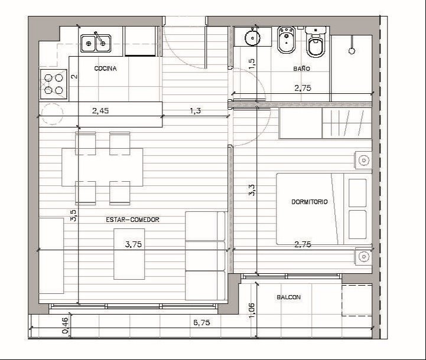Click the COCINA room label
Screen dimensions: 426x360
pyautogui.click(x=105, y=68)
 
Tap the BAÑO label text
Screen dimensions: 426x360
pyautogui.click(x=301, y=68)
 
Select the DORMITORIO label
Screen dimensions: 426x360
pyautogui.click(x=309, y=202)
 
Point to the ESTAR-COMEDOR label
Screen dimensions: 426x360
pyautogui.click(x=132, y=220)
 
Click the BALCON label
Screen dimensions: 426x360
pyautogui.click(x=288, y=297)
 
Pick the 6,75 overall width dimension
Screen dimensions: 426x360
pyautogui.click(x=201, y=323)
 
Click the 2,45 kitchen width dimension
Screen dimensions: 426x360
pyautogui.click(x=100, y=111)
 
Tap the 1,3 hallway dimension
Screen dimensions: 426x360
pyautogui.click(x=196, y=111)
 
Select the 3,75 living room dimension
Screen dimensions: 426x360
pyautogui.click(x=134, y=244)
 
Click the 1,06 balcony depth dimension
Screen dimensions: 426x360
pyautogui.click(x=252, y=310)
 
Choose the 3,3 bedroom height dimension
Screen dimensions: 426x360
pyautogui.click(x=252, y=190)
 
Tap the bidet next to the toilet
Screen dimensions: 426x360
pyautogui.click(x=287, y=40)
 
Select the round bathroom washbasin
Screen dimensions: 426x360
pyautogui.click(x=252, y=38)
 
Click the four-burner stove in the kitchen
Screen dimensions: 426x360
pyautogui.click(x=54, y=84)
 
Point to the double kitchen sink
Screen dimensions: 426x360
pyautogui.click(x=95, y=44)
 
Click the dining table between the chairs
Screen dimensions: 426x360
pyautogui.click(x=102, y=167)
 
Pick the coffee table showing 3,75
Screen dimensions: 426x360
pyautogui.click(x=129, y=254)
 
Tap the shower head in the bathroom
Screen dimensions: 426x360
pyautogui.click(x=352, y=51)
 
